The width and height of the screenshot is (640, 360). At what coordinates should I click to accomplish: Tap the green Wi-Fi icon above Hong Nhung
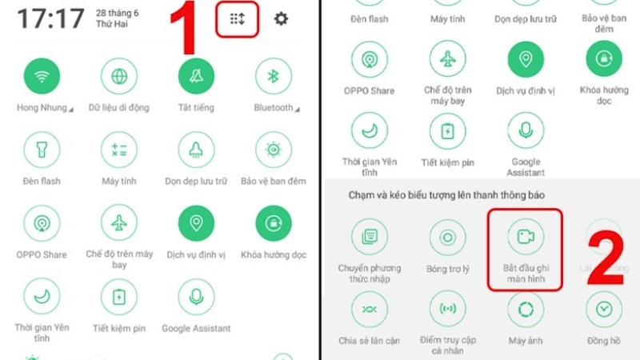pos(42,76)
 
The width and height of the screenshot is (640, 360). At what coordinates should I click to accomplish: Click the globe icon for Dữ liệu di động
pos(119,76)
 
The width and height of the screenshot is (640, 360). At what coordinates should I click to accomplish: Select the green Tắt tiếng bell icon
pos(196,76)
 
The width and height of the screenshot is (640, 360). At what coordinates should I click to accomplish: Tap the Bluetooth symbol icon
pos(274,76)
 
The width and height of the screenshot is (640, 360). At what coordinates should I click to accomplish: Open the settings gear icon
pos(281,18)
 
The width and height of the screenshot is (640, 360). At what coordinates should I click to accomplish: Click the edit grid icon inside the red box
pos(237,18)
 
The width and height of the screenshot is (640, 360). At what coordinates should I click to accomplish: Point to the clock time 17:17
pos(50,18)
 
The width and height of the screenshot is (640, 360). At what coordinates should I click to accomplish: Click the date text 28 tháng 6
pos(117,13)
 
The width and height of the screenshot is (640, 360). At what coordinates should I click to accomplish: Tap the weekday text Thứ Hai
pos(111,24)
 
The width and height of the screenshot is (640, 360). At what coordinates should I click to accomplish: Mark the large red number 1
pos(185,28)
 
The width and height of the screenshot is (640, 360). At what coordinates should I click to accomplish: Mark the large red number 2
pos(606,258)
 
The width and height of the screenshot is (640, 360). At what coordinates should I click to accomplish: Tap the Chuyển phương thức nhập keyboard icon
pos(370,237)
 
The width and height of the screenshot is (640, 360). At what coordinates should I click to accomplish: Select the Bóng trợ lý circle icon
pos(448,238)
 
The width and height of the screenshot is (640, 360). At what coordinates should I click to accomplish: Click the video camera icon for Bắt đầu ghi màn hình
pos(526,237)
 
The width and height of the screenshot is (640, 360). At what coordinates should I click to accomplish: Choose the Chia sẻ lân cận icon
pos(370,310)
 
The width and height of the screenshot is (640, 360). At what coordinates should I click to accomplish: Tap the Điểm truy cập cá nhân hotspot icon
pos(448,309)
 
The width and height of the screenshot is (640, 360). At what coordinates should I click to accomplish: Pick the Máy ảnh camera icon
pos(526,310)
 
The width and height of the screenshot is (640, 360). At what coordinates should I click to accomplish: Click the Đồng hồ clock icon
pos(604,310)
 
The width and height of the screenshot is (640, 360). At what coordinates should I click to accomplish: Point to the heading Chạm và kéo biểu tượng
pos(412,195)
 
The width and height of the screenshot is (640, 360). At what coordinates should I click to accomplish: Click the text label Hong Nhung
pos(42,108)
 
